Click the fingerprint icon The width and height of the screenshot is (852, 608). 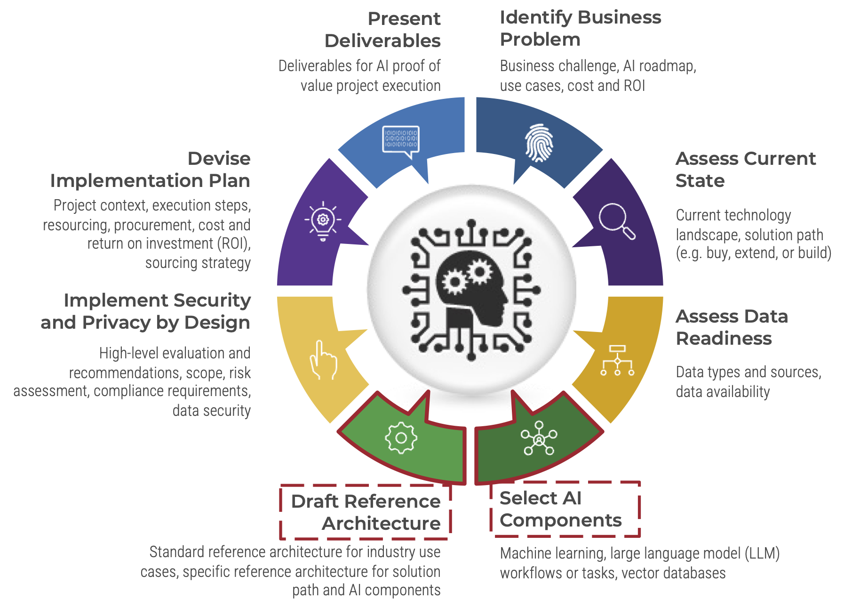point(539,143)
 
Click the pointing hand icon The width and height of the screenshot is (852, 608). point(323,361)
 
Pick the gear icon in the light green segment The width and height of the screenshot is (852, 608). point(401,438)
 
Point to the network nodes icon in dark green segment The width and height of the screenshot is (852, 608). point(539,438)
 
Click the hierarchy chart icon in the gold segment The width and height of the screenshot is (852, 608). point(617,361)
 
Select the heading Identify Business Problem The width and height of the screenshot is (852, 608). point(580,28)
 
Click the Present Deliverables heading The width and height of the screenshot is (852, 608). point(382,30)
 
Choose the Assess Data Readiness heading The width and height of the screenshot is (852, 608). point(732,327)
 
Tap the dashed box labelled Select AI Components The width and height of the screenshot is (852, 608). point(565,509)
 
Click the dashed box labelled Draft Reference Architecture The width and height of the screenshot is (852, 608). point(366,512)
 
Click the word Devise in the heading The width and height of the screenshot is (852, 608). point(219,159)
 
